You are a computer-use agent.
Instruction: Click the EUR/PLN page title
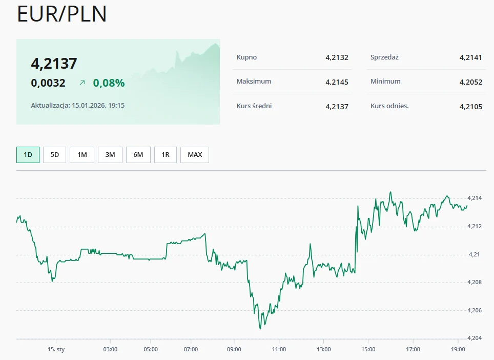62,14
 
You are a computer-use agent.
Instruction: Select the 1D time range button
28,154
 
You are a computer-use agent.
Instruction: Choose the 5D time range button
55,154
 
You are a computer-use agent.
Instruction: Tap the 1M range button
82,154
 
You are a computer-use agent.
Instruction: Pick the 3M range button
110,154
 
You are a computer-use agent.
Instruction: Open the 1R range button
165,154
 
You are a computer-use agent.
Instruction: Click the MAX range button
195,154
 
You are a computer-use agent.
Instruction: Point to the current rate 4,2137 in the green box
54,64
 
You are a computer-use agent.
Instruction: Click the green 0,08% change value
109,83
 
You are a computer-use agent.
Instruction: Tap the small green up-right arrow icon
82,83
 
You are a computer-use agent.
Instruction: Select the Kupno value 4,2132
337,57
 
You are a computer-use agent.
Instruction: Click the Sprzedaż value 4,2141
470,57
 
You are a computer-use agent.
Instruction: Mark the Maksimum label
254,82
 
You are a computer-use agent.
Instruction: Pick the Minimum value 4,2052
470,82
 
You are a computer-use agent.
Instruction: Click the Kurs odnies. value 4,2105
470,107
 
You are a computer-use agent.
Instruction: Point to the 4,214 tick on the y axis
475,198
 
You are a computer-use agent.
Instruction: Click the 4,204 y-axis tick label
475,337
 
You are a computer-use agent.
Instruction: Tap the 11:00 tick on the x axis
279,349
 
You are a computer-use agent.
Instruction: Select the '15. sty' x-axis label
56,349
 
